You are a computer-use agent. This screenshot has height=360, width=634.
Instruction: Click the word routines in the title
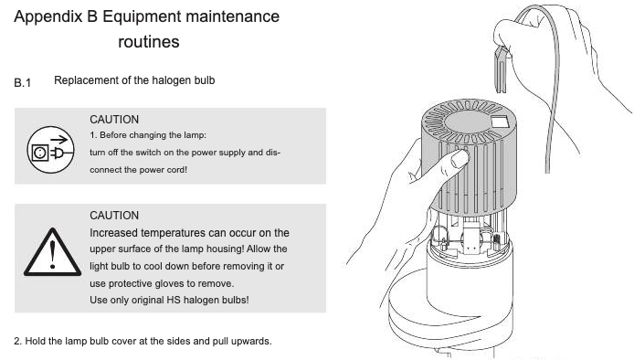(x=149, y=42)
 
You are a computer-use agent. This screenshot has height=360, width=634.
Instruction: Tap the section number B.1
(x=22, y=83)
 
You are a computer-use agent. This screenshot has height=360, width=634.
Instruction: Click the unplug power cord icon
(x=50, y=150)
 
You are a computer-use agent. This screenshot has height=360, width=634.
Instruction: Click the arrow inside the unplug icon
(x=59, y=140)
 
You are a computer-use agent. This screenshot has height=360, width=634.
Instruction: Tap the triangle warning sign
(x=53, y=252)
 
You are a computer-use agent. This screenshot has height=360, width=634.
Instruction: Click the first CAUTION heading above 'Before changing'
(x=114, y=120)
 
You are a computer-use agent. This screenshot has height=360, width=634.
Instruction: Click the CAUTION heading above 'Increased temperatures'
(x=114, y=216)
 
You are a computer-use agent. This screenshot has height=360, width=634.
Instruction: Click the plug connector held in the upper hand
(x=501, y=69)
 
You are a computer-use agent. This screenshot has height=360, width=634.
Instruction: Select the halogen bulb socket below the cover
(x=471, y=238)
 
